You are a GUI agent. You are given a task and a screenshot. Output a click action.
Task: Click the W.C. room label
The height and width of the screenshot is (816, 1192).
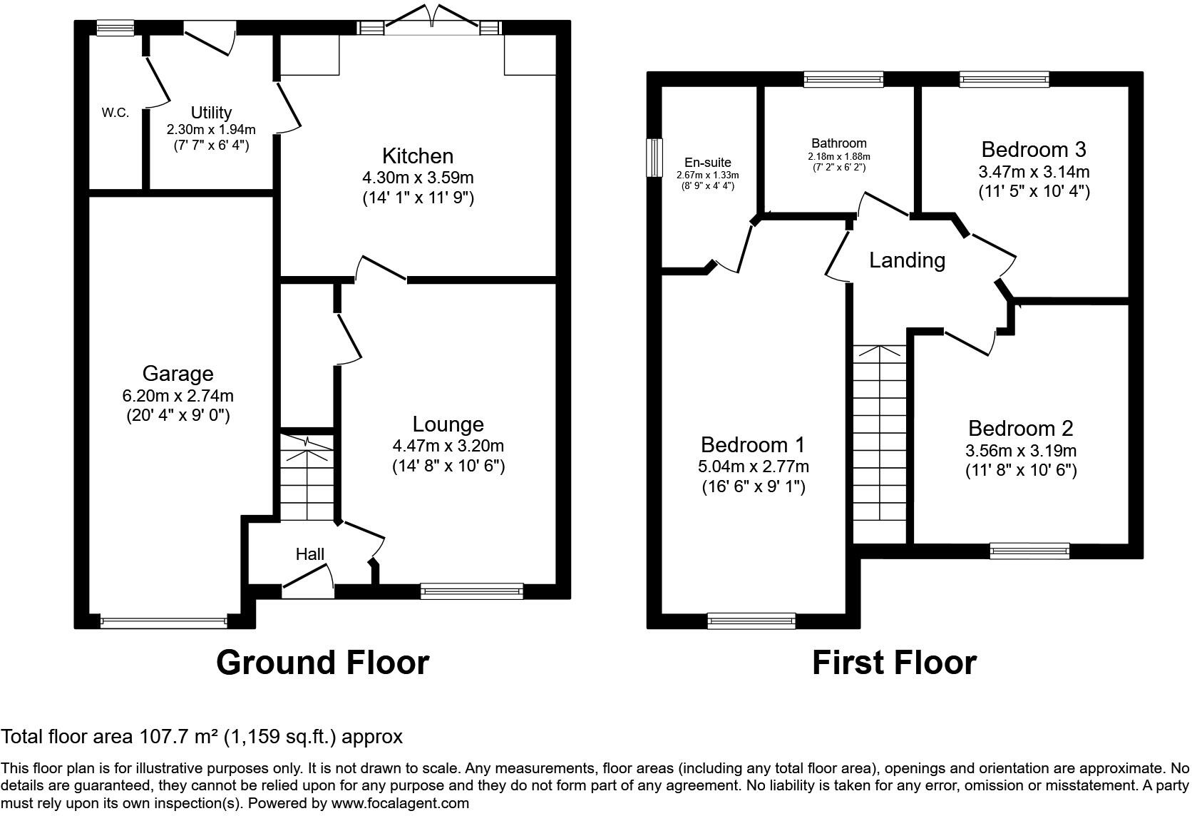[x=115, y=113]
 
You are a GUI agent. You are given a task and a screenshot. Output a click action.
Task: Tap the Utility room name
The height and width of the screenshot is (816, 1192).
[x=211, y=113]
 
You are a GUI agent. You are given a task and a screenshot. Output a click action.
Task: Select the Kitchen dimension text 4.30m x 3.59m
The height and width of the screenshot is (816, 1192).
[x=418, y=177]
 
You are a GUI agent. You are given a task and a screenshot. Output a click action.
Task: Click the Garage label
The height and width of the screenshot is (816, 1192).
[x=178, y=373]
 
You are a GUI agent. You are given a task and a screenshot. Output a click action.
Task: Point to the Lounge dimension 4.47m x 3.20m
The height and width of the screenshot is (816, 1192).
[x=448, y=446]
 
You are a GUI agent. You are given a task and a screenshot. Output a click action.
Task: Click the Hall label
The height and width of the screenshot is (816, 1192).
[x=310, y=554]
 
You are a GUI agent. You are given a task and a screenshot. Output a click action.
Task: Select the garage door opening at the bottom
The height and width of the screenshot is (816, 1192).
[x=164, y=622]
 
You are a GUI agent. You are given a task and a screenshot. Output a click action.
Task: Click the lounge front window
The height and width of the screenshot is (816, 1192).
[x=471, y=590]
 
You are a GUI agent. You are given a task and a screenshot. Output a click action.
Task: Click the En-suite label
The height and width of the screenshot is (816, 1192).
[x=707, y=163]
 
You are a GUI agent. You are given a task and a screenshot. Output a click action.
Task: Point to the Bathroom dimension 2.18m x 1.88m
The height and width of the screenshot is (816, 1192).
[x=838, y=157]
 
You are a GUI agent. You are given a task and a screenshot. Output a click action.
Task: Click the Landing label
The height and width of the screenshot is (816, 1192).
[x=907, y=260]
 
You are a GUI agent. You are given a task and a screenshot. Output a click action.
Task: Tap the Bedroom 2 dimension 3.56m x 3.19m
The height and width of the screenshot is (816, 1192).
[x=1020, y=451]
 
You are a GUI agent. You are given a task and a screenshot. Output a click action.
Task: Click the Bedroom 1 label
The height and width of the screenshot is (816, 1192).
[x=752, y=444]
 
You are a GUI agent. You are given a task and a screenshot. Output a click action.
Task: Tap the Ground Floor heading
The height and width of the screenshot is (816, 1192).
[x=322, y=663]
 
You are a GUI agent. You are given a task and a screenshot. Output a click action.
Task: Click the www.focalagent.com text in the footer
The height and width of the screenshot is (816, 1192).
[x=401, y=803]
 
